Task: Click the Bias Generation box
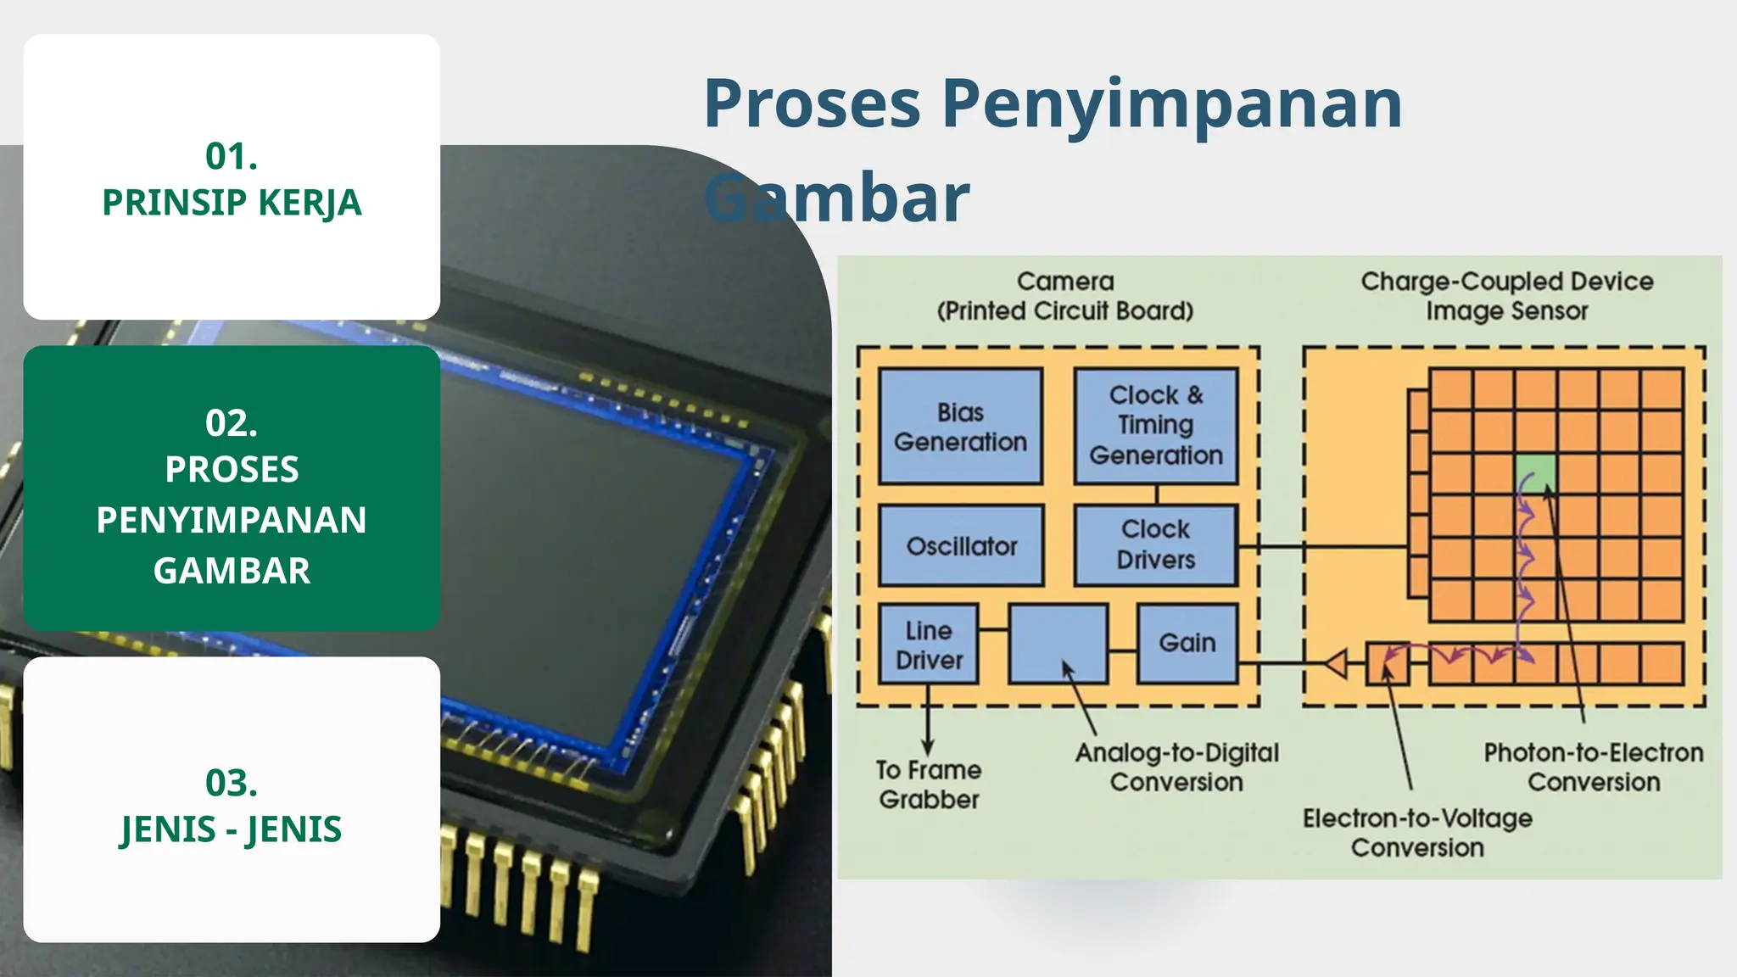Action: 960,427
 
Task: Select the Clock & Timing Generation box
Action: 1156,426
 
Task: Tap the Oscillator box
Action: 961,546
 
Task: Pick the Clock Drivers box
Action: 1156,544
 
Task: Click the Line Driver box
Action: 929,645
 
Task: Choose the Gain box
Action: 1187,643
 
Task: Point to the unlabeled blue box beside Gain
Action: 1058,643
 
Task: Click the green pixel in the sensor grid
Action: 1535,473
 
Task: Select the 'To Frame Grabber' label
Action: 929,784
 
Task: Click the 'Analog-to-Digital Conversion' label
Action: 1176,767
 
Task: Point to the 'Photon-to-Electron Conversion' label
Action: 1593,767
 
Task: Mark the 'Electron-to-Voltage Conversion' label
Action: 1417,833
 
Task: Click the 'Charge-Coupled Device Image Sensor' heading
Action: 1506,295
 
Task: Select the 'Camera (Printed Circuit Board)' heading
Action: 1064,295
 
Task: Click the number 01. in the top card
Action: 232,156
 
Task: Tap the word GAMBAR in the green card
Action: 232,571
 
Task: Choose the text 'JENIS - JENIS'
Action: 232,829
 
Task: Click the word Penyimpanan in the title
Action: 1172,103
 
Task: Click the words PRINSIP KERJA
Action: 232,203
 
